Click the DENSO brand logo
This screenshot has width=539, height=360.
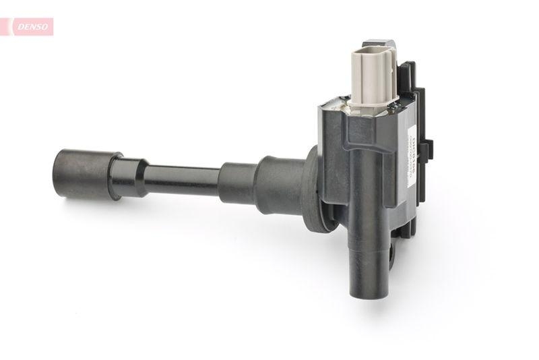click(x=27, y=27)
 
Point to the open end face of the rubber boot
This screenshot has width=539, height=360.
click(x=58, y=174)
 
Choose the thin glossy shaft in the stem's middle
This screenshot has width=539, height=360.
click(x=182, y=181)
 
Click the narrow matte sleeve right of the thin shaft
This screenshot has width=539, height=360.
click(x=236, y=183)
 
